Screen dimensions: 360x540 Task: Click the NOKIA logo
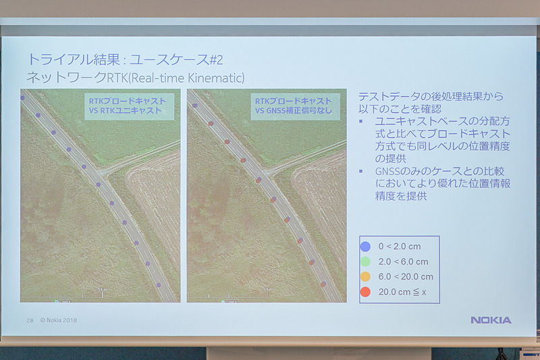pos(491,319)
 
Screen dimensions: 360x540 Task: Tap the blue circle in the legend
pos(365,247)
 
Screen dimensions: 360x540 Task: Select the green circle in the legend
pos(365,262)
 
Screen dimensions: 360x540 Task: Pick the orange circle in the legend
pos(365,277)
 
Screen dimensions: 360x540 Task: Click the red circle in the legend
pos(365,292)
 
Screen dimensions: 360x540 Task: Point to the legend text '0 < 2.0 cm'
pos(399,247)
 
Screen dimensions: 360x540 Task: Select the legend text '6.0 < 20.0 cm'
pos(406,277)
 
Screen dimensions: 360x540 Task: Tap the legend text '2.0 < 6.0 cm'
pos(403,262)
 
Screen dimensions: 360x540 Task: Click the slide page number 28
pos(30,320)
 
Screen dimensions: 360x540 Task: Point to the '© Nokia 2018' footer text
pos(58,320)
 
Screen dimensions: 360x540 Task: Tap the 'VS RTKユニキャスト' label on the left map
pos(126,110)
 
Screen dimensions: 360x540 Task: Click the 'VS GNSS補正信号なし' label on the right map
pos(292,110)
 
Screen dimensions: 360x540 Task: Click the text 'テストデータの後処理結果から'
pos(431,96)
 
